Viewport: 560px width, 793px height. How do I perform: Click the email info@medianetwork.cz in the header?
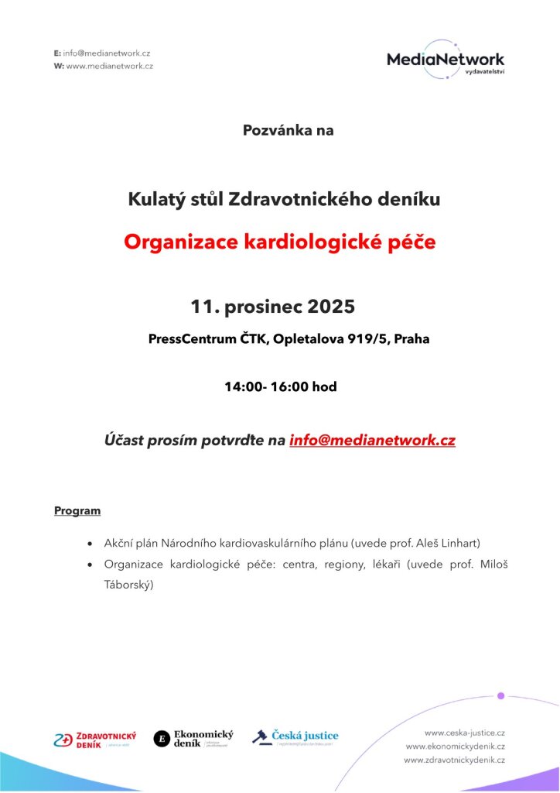pos(107,53)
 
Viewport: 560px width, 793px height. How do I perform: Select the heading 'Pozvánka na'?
pos(289,130)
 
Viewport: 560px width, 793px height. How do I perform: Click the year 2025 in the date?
pos(331,307)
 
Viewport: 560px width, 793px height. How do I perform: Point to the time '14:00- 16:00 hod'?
pos(281,386)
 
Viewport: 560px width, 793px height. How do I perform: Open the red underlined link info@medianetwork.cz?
pos(372,441)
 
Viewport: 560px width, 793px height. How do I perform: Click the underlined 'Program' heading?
pos(77,511)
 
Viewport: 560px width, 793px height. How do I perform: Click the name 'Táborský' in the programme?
pos(129,585)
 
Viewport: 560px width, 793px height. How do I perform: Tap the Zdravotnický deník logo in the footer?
pos(95,739)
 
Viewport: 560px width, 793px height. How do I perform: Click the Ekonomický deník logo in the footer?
pos(194,739)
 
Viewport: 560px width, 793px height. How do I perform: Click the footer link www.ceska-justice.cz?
pos(465,732)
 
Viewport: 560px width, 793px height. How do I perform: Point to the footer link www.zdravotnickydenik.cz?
pos(455,760)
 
